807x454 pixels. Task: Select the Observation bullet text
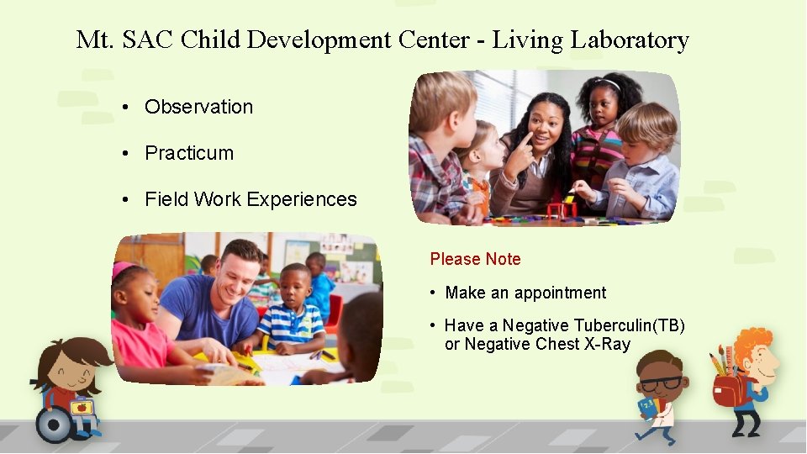coord(198,107)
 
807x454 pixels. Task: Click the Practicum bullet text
coord(189,153)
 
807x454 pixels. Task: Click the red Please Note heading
coord(475,259)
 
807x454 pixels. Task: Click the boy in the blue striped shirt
coord(291,315)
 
